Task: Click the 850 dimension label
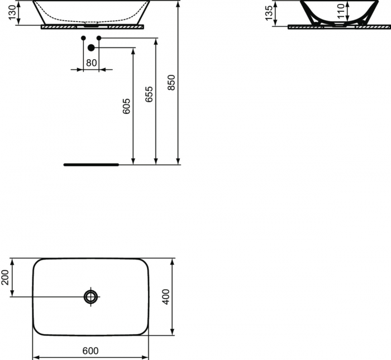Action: click(x=171, y=83)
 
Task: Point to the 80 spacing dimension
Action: click(x=91, y=63)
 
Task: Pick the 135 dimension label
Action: click(x=270, y=13)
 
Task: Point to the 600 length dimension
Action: click(x=90, y=351)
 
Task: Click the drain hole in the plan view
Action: click(x=91, y=296)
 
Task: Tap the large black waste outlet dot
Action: click(x=91, y=48)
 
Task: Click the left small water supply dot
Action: click(x=84, y=38)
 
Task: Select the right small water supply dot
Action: click(x=99, y=38)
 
